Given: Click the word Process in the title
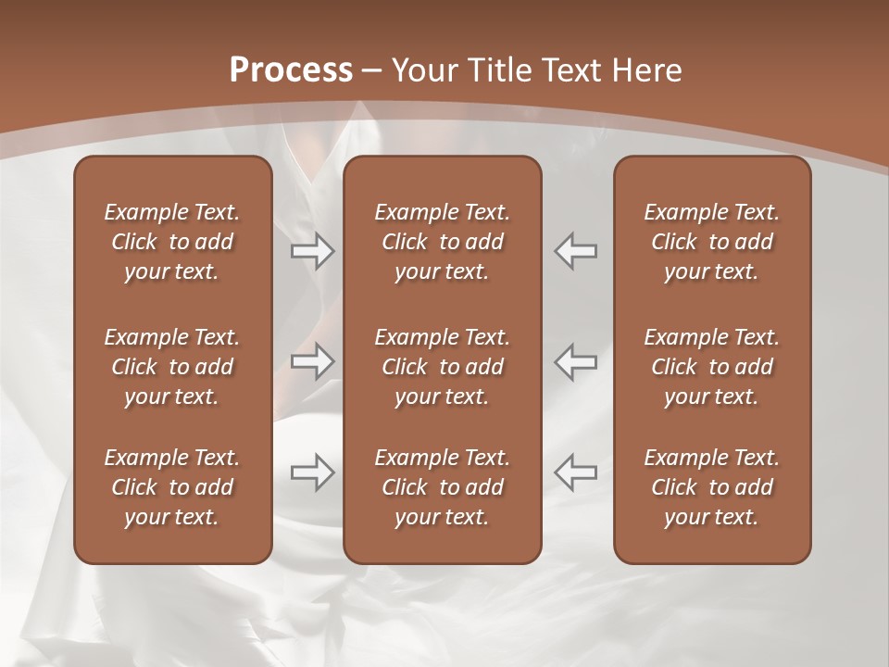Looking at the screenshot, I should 291,70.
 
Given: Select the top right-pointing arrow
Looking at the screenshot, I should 313,251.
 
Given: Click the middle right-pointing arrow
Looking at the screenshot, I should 313,361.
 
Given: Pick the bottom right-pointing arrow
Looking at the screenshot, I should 313,472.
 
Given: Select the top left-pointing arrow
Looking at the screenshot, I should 575,251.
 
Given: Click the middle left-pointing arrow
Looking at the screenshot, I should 575,361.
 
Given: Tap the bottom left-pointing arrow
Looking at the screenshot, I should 575,472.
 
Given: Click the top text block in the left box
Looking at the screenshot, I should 172,242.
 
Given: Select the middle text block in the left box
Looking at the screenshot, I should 172,367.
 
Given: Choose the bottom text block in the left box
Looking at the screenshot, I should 172,487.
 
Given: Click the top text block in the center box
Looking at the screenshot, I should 442,242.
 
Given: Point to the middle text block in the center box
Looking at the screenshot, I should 442,367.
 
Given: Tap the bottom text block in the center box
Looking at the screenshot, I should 442,487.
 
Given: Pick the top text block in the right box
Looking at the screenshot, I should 711,242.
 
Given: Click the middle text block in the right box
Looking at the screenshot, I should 711,367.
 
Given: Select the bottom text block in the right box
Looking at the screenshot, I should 711,487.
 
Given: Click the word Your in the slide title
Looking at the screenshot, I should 423,70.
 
